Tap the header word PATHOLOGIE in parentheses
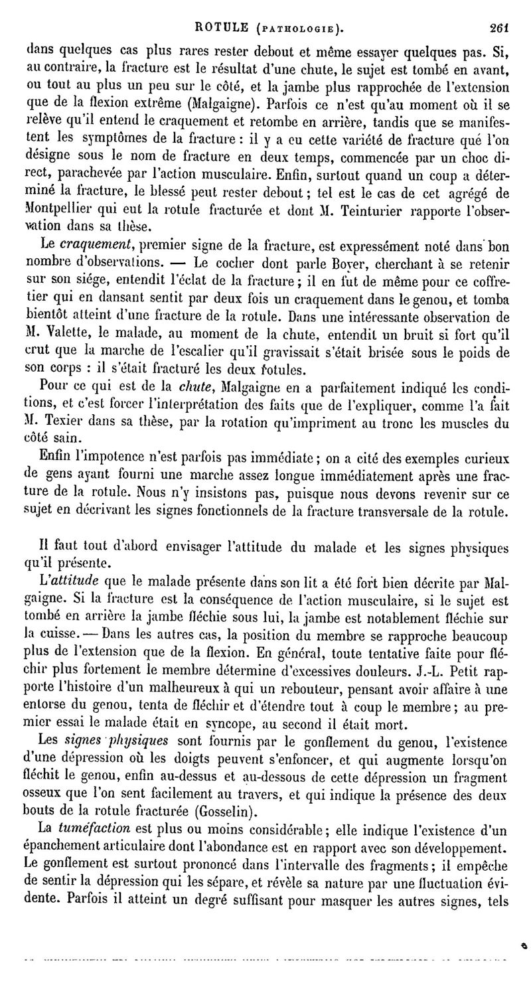point(299,11)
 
